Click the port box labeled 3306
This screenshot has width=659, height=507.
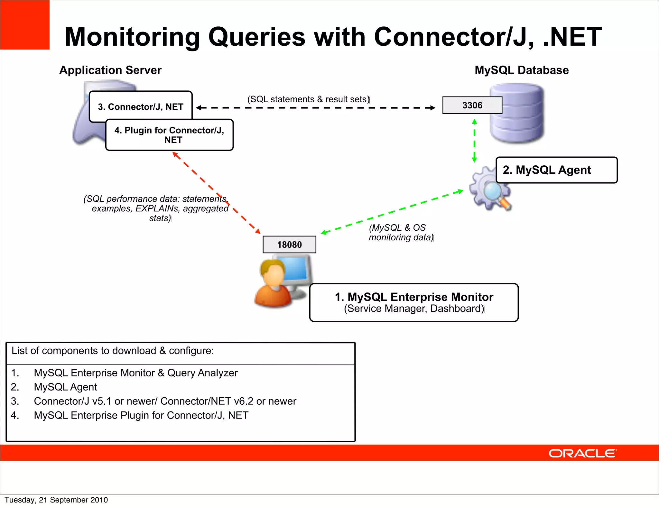coord(472,105)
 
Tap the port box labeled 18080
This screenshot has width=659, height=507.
coord(289,244)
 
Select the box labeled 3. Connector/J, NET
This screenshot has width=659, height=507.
coord(141,106)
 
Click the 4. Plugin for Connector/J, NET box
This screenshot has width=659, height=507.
coord(169,135)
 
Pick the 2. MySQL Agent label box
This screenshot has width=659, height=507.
coord(556,170)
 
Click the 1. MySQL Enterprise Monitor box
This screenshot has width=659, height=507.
coord(414,302)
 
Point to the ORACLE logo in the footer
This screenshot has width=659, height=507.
coord(582,453)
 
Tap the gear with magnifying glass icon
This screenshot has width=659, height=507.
coord(487,190)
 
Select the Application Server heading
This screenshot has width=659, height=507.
coord(110,70)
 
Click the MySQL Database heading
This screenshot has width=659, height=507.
coord(522,70)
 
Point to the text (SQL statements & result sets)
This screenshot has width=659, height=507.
coord(308,99)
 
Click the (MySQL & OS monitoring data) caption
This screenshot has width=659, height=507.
coord(401,232)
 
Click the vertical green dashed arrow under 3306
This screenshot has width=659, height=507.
coord(474,141)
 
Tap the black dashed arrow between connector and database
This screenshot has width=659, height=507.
coord(315,108)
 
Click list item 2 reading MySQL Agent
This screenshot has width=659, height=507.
coord(65,387)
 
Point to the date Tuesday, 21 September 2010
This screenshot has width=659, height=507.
coord(56,500)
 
